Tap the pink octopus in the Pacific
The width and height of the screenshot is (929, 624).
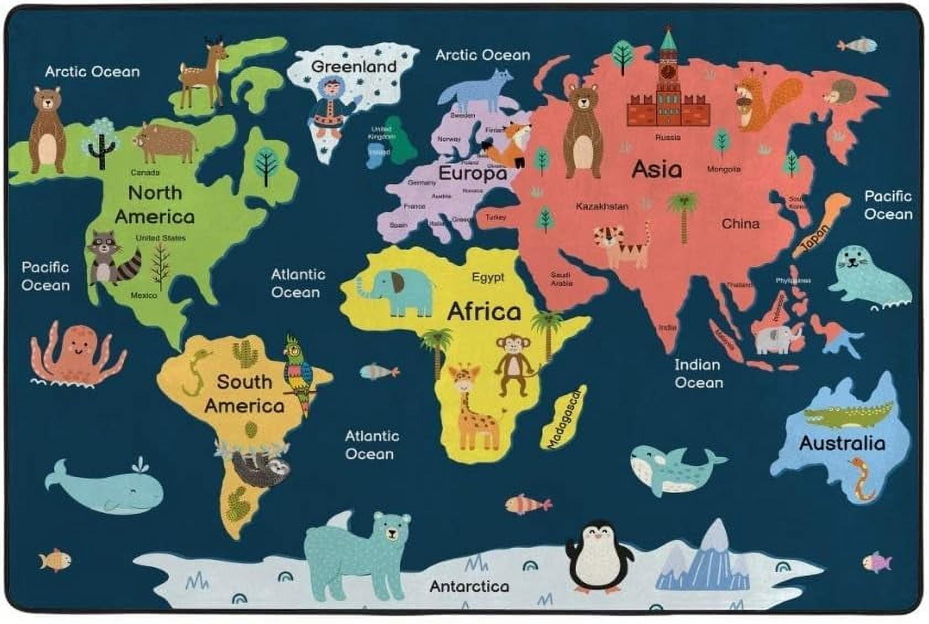(77, 353)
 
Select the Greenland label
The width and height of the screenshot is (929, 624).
(353, 67)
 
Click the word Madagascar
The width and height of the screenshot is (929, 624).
(564, 417)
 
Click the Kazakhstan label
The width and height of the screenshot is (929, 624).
(601, 207)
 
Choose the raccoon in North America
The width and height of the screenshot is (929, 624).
(110, 257)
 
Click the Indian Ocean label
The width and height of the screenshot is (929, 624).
(698, 374)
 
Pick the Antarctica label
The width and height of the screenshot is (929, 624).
(469, 586)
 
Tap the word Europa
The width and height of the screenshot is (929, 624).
(472, 174)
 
